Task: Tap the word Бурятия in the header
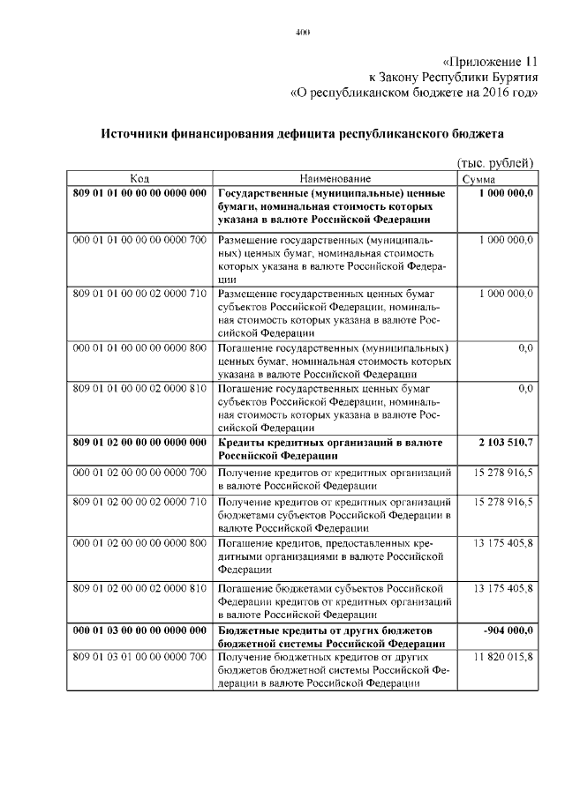pos(511,77)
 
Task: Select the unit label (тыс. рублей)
pos(495,163)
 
